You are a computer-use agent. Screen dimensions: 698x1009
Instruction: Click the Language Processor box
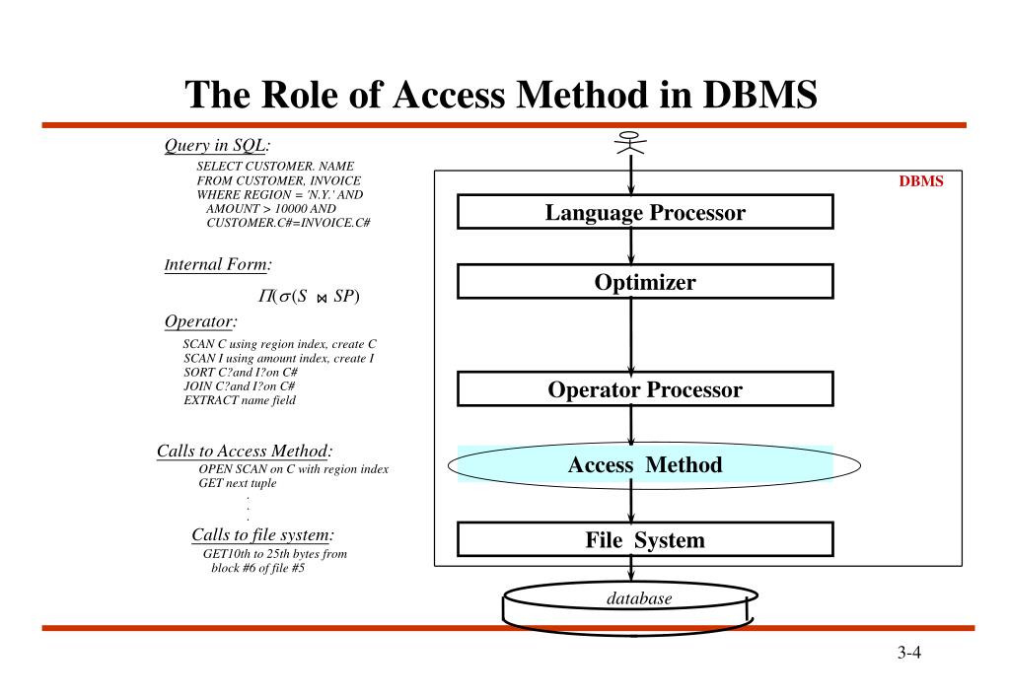point(645,212)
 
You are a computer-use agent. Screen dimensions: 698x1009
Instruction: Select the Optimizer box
point(645,282)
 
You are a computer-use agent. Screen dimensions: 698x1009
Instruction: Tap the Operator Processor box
point(645,389)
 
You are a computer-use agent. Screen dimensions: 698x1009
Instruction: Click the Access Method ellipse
point(645,465)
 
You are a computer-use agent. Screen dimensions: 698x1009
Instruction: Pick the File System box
point(645,540)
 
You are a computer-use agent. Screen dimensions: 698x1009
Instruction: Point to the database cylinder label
point(638,598)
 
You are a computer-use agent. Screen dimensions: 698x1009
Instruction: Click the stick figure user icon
point(630,144)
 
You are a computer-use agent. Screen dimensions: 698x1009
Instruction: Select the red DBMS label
point(920,181)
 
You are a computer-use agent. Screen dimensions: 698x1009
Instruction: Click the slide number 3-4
point(908,654)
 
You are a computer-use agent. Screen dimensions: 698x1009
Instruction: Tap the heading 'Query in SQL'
point(216,146)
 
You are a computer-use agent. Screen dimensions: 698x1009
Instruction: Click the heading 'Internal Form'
point(217,264)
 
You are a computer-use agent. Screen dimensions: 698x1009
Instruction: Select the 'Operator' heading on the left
point(199,321)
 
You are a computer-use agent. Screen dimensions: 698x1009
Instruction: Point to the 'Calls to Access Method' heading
point(244,452)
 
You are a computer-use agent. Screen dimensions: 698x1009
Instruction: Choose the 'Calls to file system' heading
point(261,534)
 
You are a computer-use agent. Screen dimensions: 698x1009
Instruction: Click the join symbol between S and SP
point(323,298)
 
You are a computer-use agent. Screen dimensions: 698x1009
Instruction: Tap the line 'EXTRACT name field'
point(240,400)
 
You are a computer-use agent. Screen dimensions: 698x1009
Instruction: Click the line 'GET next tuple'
point(238,483)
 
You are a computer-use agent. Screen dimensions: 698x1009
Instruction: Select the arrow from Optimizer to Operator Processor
point(631,335)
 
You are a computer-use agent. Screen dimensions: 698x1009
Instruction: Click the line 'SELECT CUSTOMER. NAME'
point(275,167)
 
